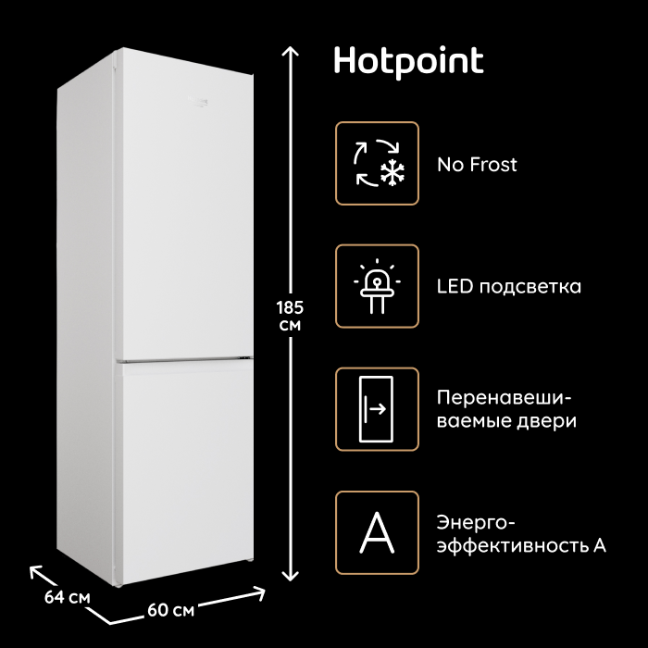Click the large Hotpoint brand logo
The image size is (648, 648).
408,62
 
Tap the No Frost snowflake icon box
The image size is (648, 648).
377,163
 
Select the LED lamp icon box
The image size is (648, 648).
377,286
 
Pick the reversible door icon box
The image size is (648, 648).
377,409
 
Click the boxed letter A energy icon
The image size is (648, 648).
377,532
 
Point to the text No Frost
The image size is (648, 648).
477,165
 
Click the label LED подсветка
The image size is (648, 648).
509,286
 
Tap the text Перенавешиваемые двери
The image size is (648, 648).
506,409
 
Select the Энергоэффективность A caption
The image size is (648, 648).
521,534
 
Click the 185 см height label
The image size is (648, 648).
290,317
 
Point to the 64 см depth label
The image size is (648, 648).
67,598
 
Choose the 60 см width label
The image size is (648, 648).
171,610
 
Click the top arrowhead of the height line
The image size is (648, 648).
290,50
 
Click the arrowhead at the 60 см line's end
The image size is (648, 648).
260,592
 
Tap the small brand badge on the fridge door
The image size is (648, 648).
197,102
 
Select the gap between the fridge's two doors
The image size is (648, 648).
185,360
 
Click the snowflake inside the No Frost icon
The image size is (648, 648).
393,171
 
